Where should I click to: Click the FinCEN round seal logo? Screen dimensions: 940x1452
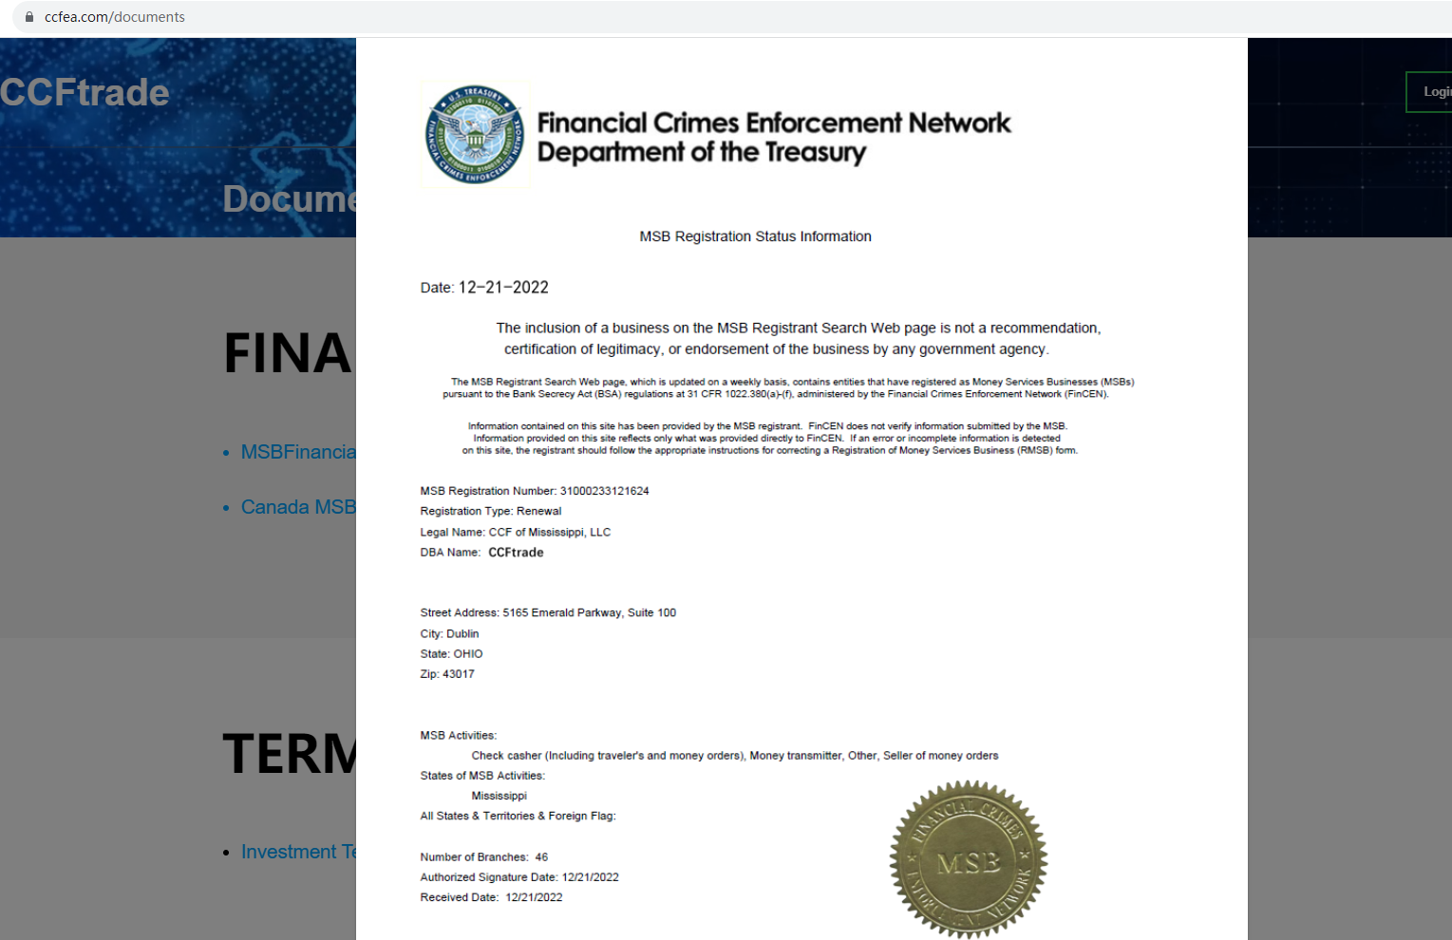coord(475,135)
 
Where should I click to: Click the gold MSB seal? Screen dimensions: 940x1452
coord(968,860)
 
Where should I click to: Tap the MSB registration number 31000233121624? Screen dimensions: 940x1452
coord(604,491)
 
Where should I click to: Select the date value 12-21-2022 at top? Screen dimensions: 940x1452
coord(503,288)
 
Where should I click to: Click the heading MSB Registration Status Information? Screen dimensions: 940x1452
coord(755,236)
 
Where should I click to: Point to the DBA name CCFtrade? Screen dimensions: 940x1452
coord(516,553)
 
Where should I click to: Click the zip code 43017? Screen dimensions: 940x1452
coord(459,674)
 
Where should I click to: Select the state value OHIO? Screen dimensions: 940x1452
coord(468,654)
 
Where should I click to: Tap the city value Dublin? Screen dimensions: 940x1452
coord(462,634)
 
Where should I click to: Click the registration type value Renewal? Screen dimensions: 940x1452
coord(538,511)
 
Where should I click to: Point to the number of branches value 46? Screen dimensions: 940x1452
coord(541,857)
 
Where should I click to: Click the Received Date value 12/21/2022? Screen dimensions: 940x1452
coord(534,897)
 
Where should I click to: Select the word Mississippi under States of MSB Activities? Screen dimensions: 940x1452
coord(500,796)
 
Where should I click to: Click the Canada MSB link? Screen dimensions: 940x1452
coord(297,507)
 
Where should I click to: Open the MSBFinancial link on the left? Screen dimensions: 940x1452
coord(297,452)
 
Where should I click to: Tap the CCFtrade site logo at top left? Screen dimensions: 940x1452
coord(85,92)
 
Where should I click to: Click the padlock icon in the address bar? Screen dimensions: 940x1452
coord(29,17)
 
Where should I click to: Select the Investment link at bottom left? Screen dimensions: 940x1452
coord(297,852)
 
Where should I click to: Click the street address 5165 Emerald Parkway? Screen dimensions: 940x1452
coord(563,613)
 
